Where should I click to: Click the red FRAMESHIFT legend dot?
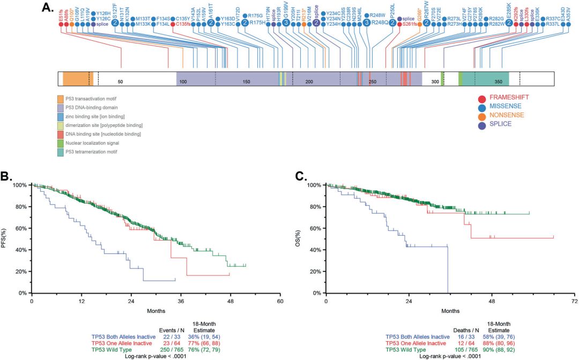(x=482, y=98)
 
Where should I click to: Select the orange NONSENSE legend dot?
(x=482, y=116)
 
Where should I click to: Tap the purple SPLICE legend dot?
(x=482, y=124)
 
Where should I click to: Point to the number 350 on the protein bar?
(x=499, y=82)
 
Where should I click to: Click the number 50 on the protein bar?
(x=121, y=82)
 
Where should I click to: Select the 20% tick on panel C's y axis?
(x=316, y=271)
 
